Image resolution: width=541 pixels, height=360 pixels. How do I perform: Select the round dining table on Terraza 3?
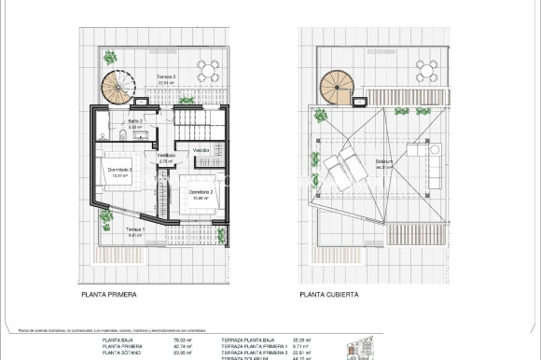click(212, 70)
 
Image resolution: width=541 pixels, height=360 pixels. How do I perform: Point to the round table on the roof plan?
click(427, 70)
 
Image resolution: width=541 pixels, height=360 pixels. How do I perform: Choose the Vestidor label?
click(201, 149)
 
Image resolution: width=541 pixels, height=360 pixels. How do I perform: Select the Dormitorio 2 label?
click(200, 191)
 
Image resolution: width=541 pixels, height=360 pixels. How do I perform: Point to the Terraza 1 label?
click(136, 229)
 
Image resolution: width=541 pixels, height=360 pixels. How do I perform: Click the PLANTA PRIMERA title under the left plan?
click(108, 294)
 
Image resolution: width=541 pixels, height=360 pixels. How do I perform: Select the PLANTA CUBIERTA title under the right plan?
click(327, 294)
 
